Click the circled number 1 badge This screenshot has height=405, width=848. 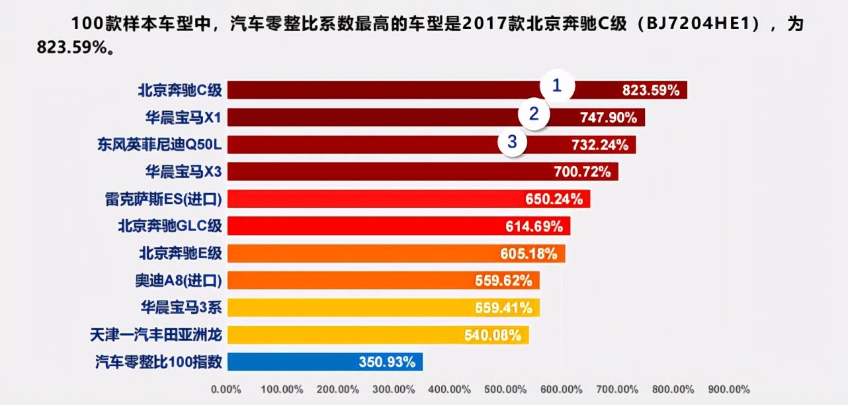pyautogui.click(x=557, y=85)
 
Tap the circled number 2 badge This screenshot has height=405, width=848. pyautogui.click(x=534, y=114)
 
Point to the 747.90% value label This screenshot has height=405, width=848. pyautogui.click(x=609, y=118)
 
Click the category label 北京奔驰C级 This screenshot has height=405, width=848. pyautogui.click(x=180, y=90)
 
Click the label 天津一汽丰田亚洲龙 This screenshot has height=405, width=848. pyautogui.click(x=156, y=335)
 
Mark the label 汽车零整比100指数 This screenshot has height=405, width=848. pyautogui.click(x=159, y=362)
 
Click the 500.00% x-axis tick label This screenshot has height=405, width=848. pyautogui.click(x=506, y=389)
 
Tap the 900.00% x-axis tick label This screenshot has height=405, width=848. pyautogui.click(x=730, y=389)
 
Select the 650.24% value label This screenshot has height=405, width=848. pyautogui.click(x=554, y=199)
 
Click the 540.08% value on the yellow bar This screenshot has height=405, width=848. pyautogui.click(x=492, y=335)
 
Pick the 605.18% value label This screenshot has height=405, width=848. pyautogui.click(x=529, y=253)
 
